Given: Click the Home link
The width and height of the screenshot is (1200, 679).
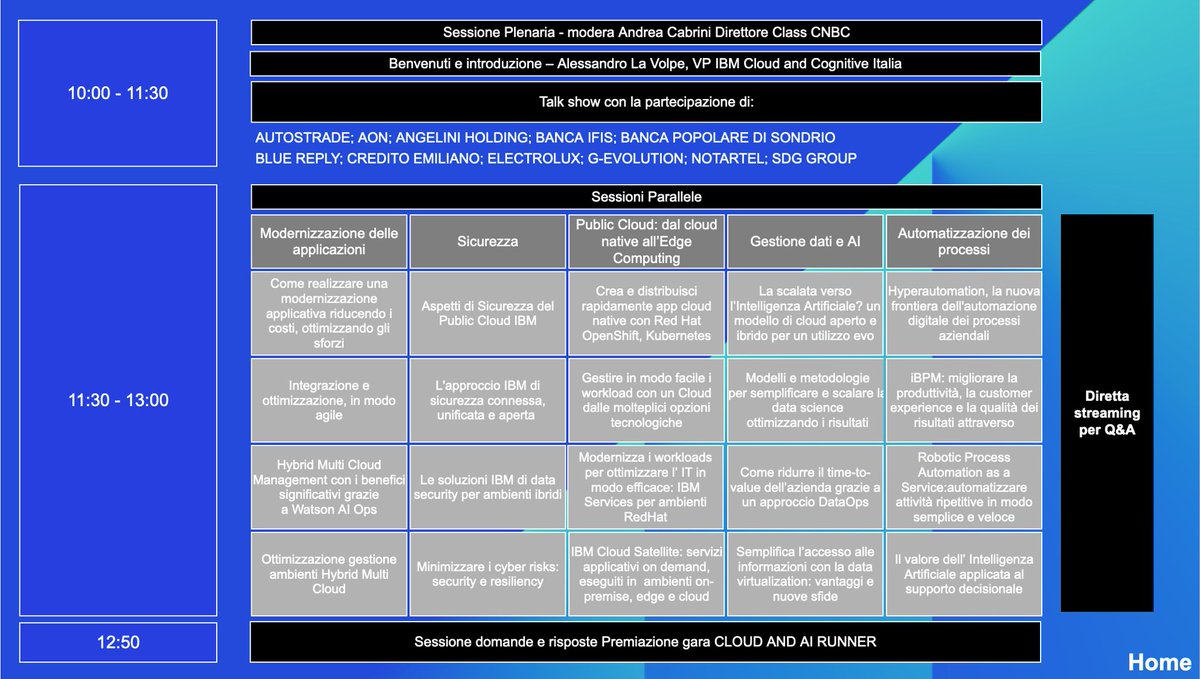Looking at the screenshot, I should pyautogui.click(x=1160, y=661).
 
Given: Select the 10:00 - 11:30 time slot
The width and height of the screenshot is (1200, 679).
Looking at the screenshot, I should pyautogui.click(x=118, y=93).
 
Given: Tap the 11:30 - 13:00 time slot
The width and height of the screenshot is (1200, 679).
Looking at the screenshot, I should pyautogui.click(x=118, y=400).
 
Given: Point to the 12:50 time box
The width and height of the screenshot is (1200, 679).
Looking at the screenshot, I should pyautogui.click(x=118, y=642).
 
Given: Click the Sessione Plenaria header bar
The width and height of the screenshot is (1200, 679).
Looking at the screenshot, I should pyautogui.click(x=646, y=32).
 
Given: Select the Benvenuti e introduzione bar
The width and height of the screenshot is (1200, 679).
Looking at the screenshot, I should pyautogui.click(x=646, y=64).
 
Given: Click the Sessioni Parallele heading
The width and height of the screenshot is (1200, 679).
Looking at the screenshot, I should pyautogui.click(x=646, y=197).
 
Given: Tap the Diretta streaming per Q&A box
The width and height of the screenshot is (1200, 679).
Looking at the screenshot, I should pyautogui.click(x=1107, y=413).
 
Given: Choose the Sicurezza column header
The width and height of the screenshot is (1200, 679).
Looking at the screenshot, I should pyautogui.click(x=488, y=241).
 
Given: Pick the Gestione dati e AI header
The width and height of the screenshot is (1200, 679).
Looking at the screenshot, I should pyautogui.click(x=805, y=241).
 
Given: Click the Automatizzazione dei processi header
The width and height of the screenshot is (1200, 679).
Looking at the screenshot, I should pyautogui.click(x=964, y=241).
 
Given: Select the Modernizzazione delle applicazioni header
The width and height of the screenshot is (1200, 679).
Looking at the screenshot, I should pyautogui.click(x=329, y=241).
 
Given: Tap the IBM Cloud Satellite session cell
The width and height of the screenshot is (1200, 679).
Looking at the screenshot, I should pyautogui.click(x=646, y=574).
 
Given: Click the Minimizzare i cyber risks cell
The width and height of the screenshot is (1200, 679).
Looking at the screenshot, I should pyautogui.click(x=488, y=574).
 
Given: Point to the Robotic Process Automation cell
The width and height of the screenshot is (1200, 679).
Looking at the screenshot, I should pyautogui.click(x=964, y=487).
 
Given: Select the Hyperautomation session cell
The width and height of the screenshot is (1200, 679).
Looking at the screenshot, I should pyautogui.click(x=964, y=313).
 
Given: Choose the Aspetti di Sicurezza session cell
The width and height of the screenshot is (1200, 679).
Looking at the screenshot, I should pyautogui.click(x=488, y=313).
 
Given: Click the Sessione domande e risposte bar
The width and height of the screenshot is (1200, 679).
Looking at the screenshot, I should pyautogui.click(x=646, y=642).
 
